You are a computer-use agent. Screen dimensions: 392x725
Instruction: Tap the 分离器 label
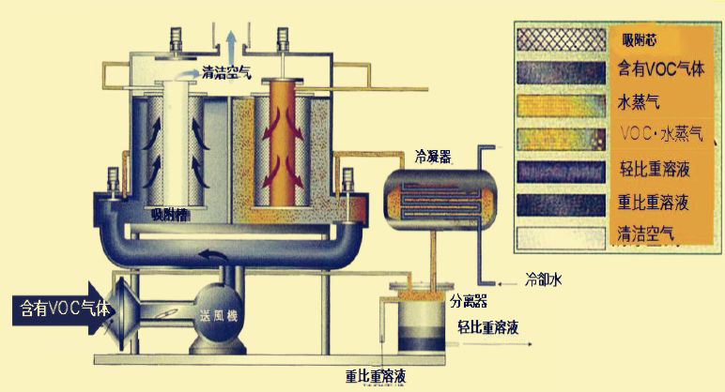(x=468, y=302)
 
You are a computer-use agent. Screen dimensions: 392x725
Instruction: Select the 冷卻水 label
(x=546, y=278)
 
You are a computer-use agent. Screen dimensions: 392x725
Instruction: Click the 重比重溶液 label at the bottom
(x=376, y=378)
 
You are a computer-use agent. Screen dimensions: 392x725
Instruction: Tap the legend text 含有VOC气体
(x=659, y=68)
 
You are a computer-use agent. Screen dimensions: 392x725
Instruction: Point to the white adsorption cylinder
(x=174, y=141)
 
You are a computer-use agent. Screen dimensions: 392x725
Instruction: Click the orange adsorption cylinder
(x=285, y=141)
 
